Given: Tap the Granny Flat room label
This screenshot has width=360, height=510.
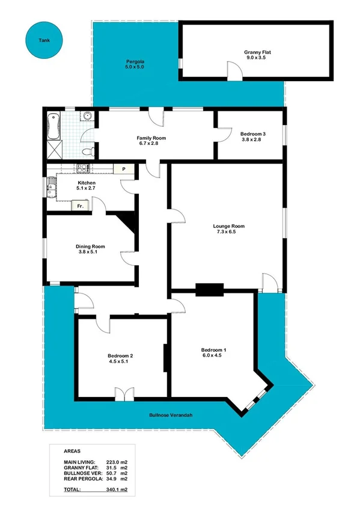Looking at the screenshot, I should [x=257, y=56].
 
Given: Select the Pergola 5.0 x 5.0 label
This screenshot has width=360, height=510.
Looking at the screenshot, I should [x=135, y=64].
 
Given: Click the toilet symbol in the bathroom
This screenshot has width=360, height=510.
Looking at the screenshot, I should [x=87, y=151].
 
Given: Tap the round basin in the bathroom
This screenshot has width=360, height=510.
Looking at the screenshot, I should [x=87, y=116].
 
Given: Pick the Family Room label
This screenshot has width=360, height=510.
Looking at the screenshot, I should [x=151, y=141].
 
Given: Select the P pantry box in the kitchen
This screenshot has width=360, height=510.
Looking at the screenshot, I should [x=124, y=169].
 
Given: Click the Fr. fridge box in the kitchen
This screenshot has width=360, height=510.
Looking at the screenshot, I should [x=79, y=206].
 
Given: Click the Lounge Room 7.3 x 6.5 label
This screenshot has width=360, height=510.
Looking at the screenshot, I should [x=228, y=229].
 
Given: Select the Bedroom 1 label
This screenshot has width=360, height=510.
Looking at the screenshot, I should [x=213, y=352].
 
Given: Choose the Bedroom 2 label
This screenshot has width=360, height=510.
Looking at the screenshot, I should [x=120, y=359].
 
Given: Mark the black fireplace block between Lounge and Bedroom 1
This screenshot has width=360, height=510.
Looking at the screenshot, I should [x=210, y=289].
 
